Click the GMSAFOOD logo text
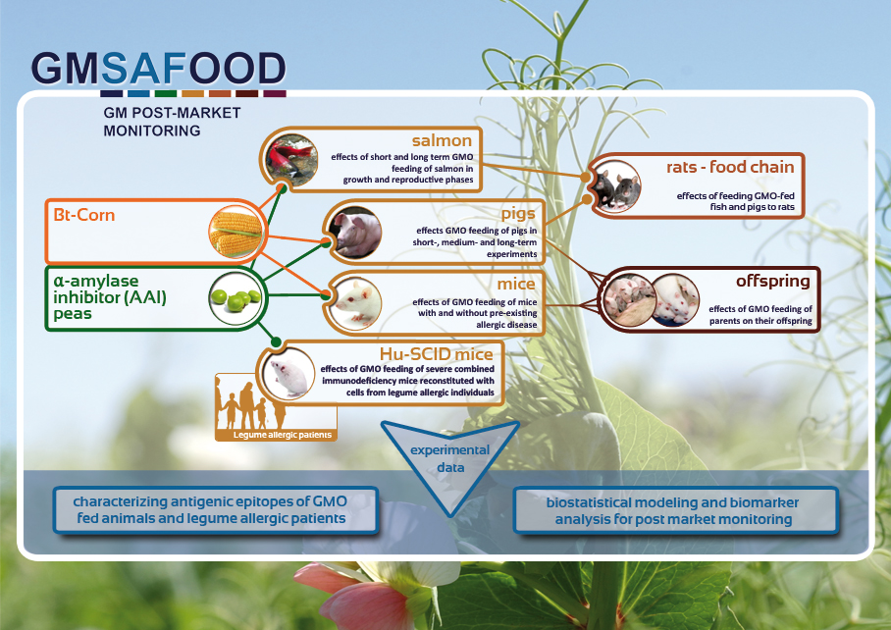[159, 70]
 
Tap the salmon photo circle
[290, 160]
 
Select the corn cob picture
[236, 232]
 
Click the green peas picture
[236, 297]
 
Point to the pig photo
[356, 233]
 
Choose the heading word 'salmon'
[443, 140]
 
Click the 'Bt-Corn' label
[84, 215]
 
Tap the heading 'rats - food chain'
[730, 167]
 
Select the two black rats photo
[615, 186]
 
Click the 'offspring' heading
[773, 281]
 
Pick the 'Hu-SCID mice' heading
[437, 354]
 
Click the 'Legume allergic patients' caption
[283, 435]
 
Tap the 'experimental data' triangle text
[450, 458]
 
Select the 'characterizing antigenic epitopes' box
[216, 510]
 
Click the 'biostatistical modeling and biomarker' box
[676, 510]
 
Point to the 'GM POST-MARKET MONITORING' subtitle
[172, 122]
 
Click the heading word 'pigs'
[518, 214]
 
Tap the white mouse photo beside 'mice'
[356, 303]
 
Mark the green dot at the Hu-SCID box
[276, 341]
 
